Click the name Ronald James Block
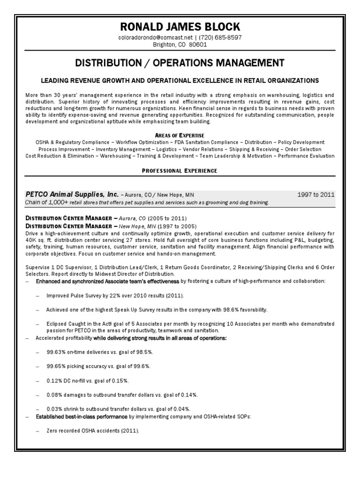[x=180, y=26]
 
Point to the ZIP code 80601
[x=198, y=45]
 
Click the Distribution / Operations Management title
[x=180, y=62]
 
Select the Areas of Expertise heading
[x=180, y=135]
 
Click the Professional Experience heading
[x=180, y=171]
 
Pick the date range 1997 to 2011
[x=316, y=195]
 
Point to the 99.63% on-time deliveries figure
[x=57, y=352]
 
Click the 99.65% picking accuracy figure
[x=57, y=366]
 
